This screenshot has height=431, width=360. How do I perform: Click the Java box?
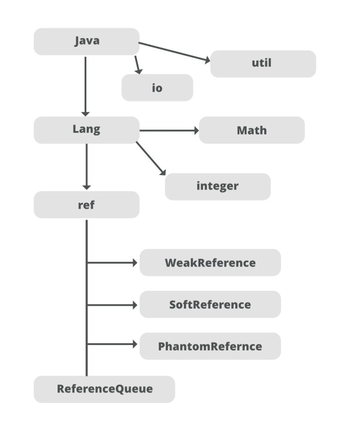[86, 41]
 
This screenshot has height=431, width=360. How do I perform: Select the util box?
[263, 64]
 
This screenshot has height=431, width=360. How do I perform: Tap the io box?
[157, 88]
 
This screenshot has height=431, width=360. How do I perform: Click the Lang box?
[86, 130]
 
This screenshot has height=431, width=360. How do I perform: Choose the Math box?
[252, 130]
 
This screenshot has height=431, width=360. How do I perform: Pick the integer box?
[217, 186]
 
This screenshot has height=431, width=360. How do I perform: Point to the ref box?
[86, 205]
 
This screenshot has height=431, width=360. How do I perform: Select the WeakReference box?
[210, 263]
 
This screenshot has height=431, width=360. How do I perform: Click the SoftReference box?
[210, 304]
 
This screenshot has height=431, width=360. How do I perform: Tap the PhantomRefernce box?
[210, 346]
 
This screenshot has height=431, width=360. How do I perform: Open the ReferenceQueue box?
[104, 389]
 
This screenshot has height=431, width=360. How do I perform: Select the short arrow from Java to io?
[138, 65]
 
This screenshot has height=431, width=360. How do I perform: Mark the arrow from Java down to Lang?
[85, 86]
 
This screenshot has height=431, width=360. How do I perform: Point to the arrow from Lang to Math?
[169, 131]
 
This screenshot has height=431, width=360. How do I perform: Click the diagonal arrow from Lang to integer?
[151, 158]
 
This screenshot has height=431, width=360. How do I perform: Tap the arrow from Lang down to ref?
[86, 167]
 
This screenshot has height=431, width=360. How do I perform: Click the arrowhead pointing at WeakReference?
[134, 263]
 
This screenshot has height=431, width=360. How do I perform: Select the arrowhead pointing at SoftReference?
[134, 305]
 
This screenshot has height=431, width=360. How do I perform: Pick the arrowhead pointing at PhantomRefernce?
[134, 344]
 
